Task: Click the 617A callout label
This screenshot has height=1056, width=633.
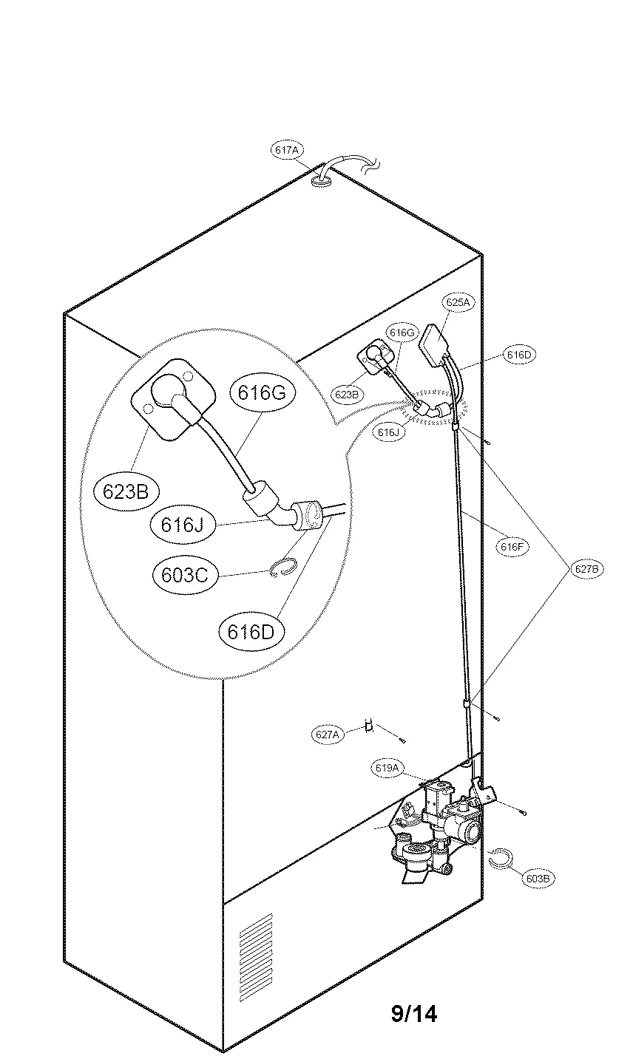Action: tap(286, 150)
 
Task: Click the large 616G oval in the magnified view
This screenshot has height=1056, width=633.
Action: tap(262, 393)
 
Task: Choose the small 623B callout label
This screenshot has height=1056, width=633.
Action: tap(347, 395)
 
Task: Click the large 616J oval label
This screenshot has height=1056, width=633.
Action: tap(182, 525)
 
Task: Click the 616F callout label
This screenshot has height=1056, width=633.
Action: tap(512, 547)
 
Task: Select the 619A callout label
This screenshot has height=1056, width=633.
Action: tap(387, 769)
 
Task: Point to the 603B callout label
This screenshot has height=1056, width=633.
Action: tap(538, 878)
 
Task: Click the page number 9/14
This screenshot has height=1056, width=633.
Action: tap(414, 1014)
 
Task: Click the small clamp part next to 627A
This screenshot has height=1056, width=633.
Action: tap(367, 727)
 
